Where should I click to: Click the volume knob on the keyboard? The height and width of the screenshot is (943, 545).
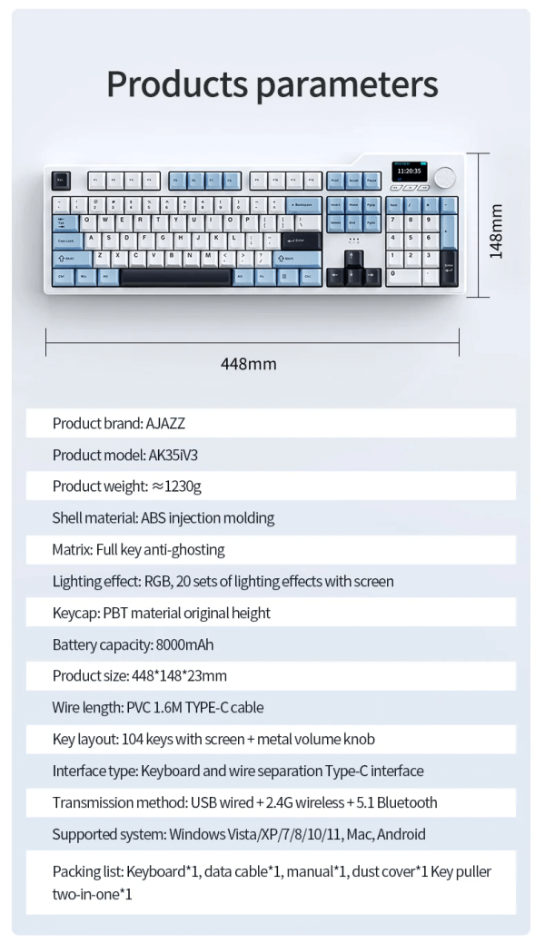click(444, 177)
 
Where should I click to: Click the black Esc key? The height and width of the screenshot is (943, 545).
click(62, 180)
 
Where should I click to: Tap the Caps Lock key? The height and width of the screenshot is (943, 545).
click(68, 240)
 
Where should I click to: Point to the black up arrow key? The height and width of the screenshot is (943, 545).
click(353, 258)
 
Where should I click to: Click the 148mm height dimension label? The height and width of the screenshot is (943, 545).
click(496, 231)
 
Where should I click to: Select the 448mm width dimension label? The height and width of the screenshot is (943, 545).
click(249, 364)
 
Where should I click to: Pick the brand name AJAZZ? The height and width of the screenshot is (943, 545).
click(165, 423)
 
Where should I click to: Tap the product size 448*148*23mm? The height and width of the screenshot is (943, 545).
click(178, 677)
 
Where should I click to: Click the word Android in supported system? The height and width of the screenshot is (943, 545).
click(401, 834)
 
